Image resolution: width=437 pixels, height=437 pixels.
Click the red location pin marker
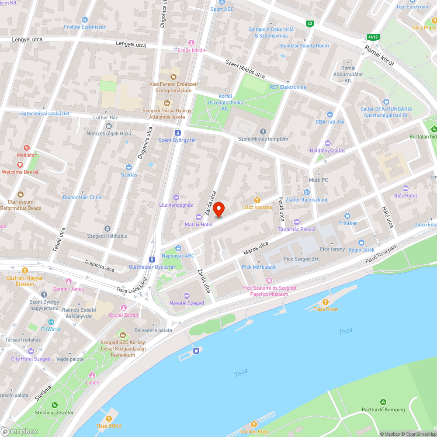pyautogui.click(x=218, y=209)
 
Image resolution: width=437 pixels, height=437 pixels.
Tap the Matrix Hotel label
pyautogui.click(x=199, y=224)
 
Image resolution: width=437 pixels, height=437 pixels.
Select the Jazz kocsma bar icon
pyautogui.click(x=257, y=200)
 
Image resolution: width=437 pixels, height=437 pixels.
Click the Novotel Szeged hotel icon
pyautogui.click(x=187, y=296)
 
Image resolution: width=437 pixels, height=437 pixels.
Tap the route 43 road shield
pyautogui.click(x=310, y=24)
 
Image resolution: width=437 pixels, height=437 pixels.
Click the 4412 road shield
pyautogui.click(x=372, y=38)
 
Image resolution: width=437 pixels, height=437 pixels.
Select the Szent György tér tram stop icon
pyautogui.click(x=177, y=132)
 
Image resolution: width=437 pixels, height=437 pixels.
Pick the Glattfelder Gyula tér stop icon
pyautogui.click(x=152, y=259)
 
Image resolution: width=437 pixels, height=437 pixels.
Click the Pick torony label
pyautogui.click(x=332, y=249)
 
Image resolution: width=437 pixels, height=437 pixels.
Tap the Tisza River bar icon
pyautogui.click(x=325, y=302)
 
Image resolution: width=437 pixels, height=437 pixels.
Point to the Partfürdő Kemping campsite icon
pyautogui.click(x=383, y=402)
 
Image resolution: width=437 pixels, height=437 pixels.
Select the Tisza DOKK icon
pyautogui.click(x=109, y=418)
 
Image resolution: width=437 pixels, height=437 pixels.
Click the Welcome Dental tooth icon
pyautogui.click(x=20, y=164)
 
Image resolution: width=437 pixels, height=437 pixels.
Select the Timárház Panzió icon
pyautogui.click(x=297, y=222)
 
